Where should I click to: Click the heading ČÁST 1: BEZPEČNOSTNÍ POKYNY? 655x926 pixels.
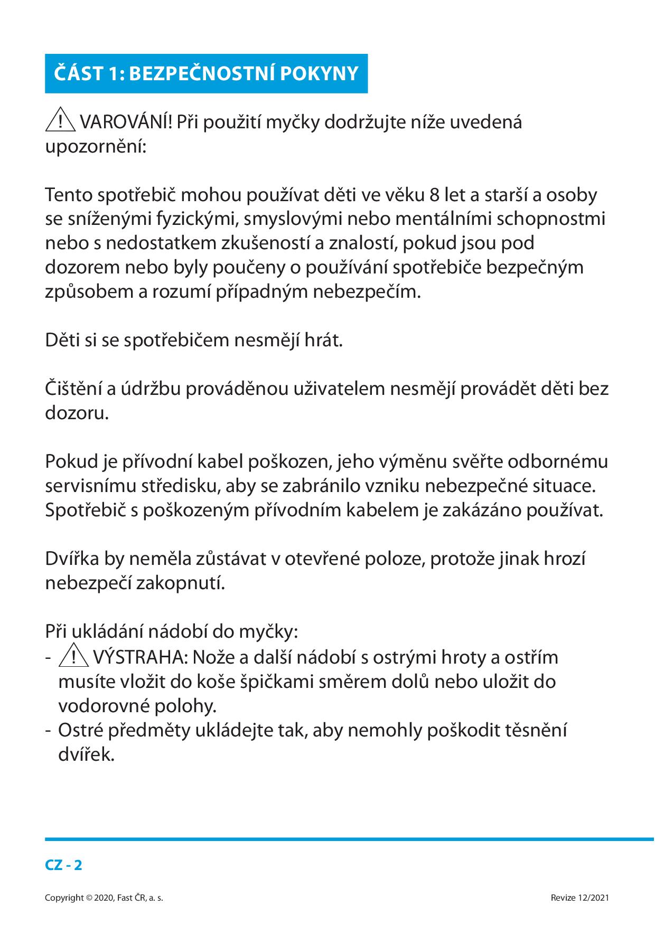[x=206, y=74]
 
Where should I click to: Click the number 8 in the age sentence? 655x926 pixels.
[x=434, y=195]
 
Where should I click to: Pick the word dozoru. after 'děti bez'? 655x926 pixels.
[x=77, y=413]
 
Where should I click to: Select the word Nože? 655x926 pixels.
[x=208, y=658]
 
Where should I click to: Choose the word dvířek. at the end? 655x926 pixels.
[x=86, y=755]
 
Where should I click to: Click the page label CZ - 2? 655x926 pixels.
[x=63, y=865]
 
